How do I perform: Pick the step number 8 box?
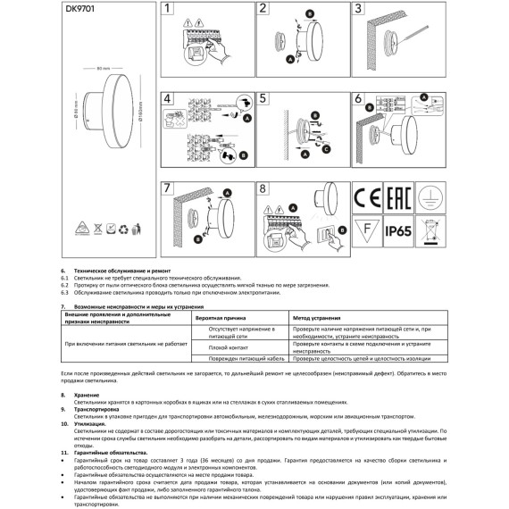coord(263,189)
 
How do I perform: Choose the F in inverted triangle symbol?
coord(367,232)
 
